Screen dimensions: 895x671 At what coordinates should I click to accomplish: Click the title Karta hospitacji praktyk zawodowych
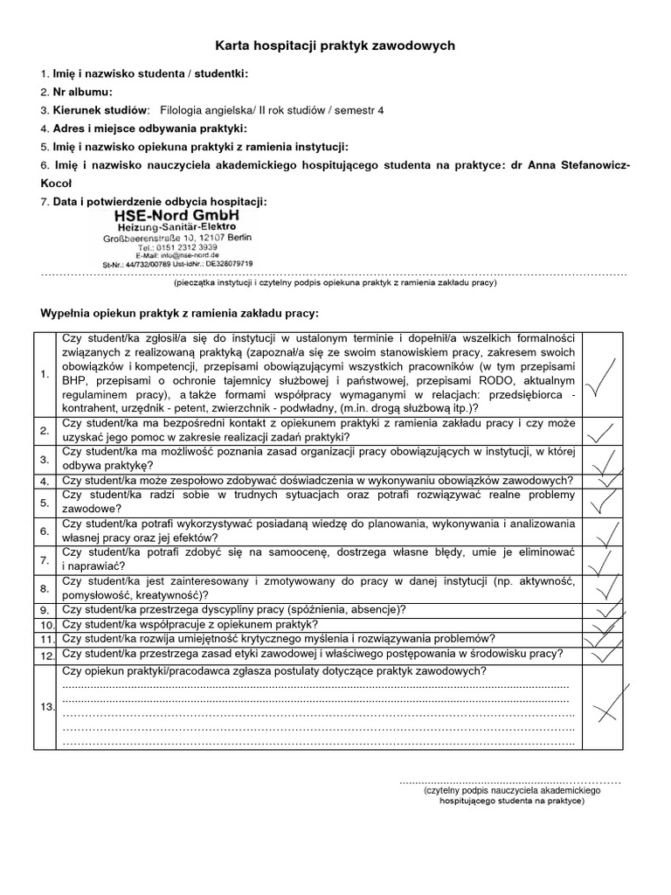(335, 45)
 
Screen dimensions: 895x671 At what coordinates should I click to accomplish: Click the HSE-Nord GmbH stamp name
(176, 215)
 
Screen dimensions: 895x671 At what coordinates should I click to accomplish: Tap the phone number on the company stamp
(176, 246)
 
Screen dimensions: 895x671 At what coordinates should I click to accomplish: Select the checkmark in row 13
(607, 704)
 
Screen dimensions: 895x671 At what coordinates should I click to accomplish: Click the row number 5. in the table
(45, 503)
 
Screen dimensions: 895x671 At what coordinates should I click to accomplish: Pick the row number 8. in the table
(45, 588)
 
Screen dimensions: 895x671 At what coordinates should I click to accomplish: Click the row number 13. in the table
(46, 706)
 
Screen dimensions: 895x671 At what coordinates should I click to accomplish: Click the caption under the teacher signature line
(512, 794)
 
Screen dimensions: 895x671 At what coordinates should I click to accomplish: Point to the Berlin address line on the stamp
(176, 238)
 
